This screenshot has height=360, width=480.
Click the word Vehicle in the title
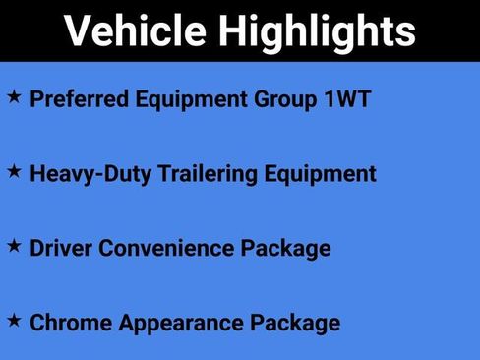136,31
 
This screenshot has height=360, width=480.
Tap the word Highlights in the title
318,33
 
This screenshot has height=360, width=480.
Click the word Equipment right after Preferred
194,100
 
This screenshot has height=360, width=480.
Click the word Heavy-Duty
90,174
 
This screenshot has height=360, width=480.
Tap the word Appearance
179,324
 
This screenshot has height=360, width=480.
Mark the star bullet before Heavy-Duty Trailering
14,171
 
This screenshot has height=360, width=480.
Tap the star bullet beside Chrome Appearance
14,320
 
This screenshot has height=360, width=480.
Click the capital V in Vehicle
80,31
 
